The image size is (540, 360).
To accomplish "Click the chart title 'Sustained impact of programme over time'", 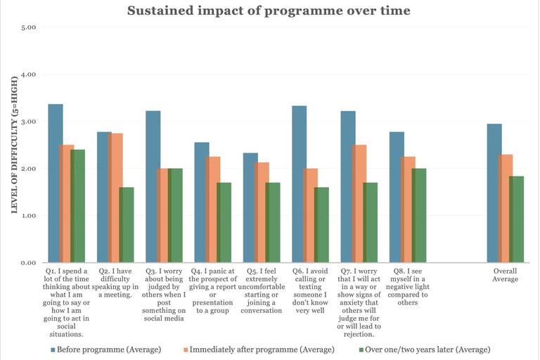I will pos(269,11).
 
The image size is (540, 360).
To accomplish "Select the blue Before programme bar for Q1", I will pos(55,184).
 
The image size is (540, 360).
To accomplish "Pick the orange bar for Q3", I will pos(164,215).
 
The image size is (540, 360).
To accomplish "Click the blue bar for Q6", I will pos(299,184).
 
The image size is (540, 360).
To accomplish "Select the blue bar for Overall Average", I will pos(494,193).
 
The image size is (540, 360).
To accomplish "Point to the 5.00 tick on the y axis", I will pos(27,27).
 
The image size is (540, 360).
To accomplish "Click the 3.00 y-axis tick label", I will pos(27,122).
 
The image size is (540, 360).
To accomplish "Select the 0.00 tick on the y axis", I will pos(27,263).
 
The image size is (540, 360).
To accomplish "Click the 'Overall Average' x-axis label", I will pos(505,275).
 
